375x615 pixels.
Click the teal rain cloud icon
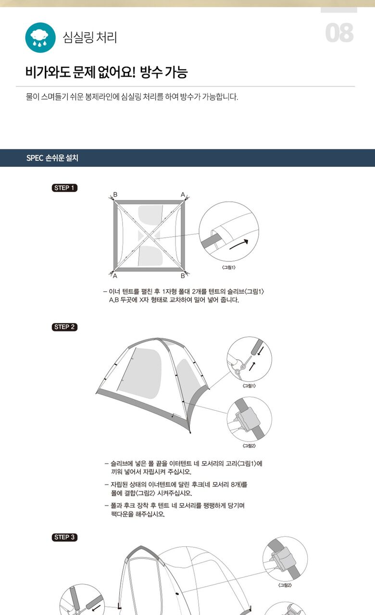click(x=40, y=37)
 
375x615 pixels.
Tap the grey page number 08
click(x=339, y=33)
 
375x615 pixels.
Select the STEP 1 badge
click(x=64, y=188)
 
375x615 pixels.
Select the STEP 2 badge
click(x=64, y=327)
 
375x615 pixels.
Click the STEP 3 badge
click(x=64, y=537)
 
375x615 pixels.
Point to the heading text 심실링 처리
click(x=90, y=37)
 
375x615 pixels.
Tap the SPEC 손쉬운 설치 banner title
click(x=52, y=158)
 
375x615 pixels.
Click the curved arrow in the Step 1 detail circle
click(x=239, y=245)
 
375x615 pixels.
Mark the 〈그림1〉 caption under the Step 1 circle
click(x=228, y=268)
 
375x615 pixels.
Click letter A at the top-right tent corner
click(x=183, y=195)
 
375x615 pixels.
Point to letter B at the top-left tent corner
click(x=115, y=195)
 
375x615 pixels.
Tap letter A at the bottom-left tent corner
click(x=115, y=276)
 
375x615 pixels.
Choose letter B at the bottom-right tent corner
click(x=183, y=276)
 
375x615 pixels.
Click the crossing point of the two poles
click(x=149, y=235)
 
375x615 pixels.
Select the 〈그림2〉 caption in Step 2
click(x=249, y=445)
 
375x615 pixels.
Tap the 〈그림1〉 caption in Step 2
click(x=249, y=386)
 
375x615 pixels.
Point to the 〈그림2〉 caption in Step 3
click(x=285, y=585)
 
